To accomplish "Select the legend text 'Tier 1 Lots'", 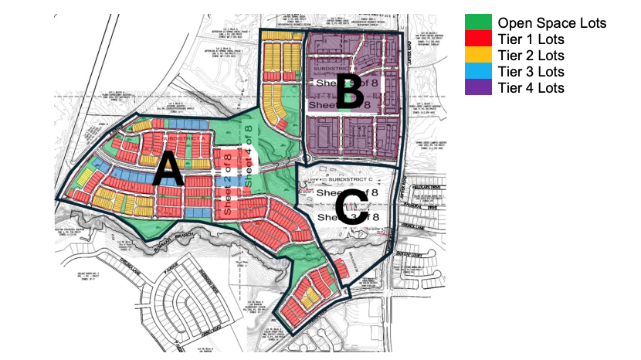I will pos(531,39).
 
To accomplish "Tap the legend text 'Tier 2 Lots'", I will pos(531,55).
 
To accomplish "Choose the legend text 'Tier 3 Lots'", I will pos(531,71).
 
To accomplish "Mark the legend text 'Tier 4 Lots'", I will pos(531,87).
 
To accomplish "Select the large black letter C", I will pos(351,207).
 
